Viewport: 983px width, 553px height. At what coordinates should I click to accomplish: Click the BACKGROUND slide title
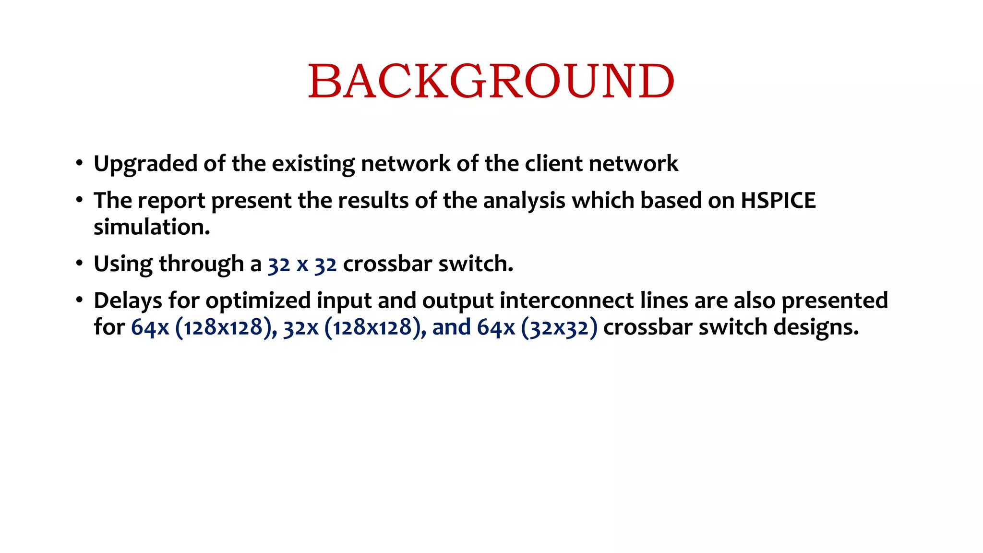[491, 81]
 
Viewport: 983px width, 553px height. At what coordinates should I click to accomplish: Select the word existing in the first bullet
[313, 164]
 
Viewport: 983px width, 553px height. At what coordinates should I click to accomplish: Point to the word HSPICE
[778, 201]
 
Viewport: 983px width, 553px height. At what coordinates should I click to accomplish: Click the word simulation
[152, 227]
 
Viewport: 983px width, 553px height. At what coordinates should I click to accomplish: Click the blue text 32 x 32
[302, 264]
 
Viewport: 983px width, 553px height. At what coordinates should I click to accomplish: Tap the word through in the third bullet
[201, 264]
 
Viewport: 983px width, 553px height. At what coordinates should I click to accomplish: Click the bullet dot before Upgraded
[79, 163]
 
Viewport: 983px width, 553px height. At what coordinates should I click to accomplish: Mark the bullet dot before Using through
[79, 263]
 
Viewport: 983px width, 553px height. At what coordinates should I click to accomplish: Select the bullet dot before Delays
[79, 300]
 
